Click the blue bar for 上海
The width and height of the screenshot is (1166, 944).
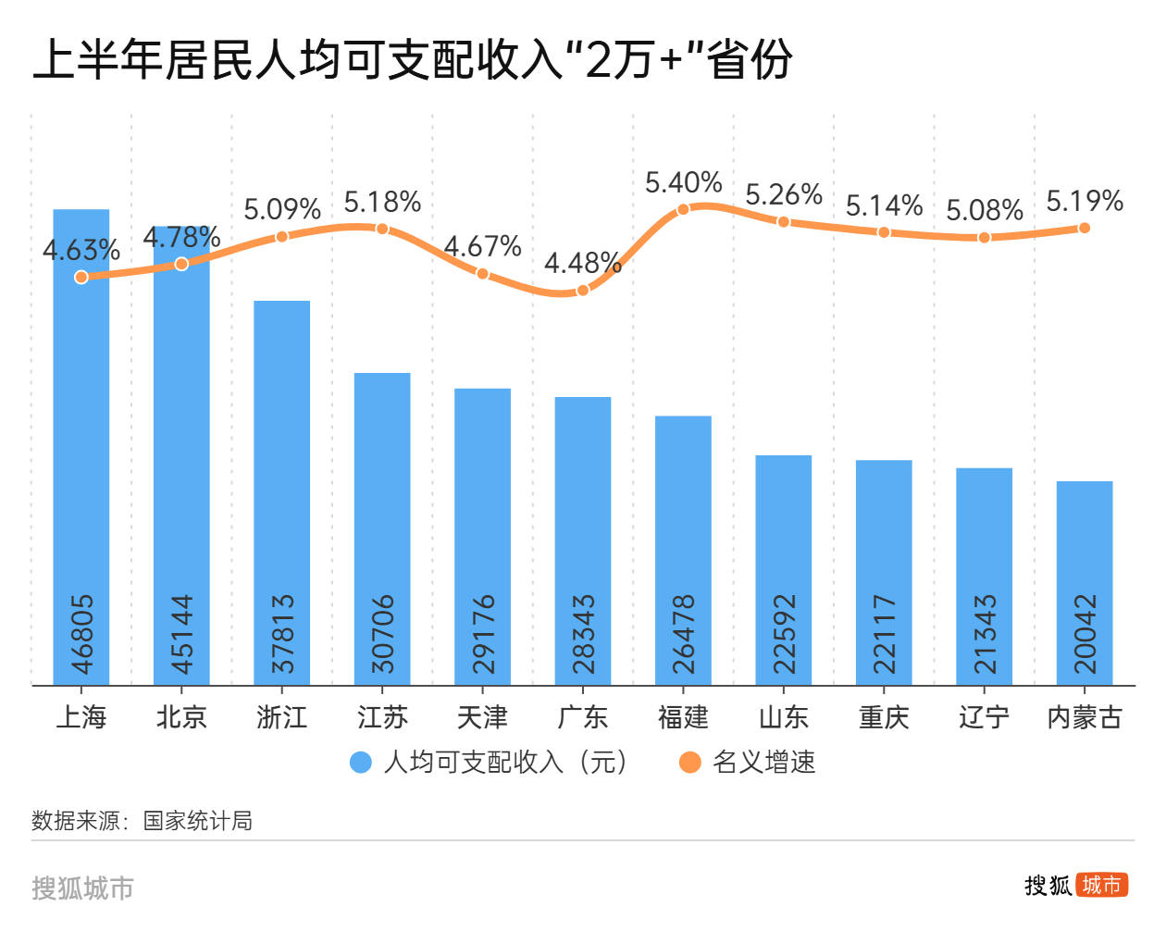pos(81,444)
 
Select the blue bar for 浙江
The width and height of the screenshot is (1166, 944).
pos(282,491)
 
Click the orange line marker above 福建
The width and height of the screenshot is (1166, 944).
pos(683,209)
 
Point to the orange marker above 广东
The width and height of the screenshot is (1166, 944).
pos(583,291)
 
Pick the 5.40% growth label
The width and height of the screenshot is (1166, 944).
pos(683,182)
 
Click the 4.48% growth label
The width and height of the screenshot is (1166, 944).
pos(582,264)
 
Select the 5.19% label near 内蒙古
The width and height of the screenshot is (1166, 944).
pos(1085,201)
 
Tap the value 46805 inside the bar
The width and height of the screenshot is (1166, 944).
pos(82,634)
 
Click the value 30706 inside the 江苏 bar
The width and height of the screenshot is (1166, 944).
pos(383,634)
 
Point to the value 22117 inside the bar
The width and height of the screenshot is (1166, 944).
pos(885,634)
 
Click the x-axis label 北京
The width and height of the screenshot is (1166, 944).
pos(181,717)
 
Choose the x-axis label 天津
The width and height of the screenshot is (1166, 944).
pos(482,717)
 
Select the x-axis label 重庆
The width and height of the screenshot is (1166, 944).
pos(884,717)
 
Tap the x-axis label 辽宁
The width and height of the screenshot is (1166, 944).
pos(984,717)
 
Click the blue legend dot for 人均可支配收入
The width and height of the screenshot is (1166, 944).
pos(360,763)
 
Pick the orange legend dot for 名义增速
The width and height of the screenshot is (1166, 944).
pos(689,763)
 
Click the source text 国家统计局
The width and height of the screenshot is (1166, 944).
pos(197,821)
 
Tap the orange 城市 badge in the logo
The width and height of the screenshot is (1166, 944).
pos(1102,886)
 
